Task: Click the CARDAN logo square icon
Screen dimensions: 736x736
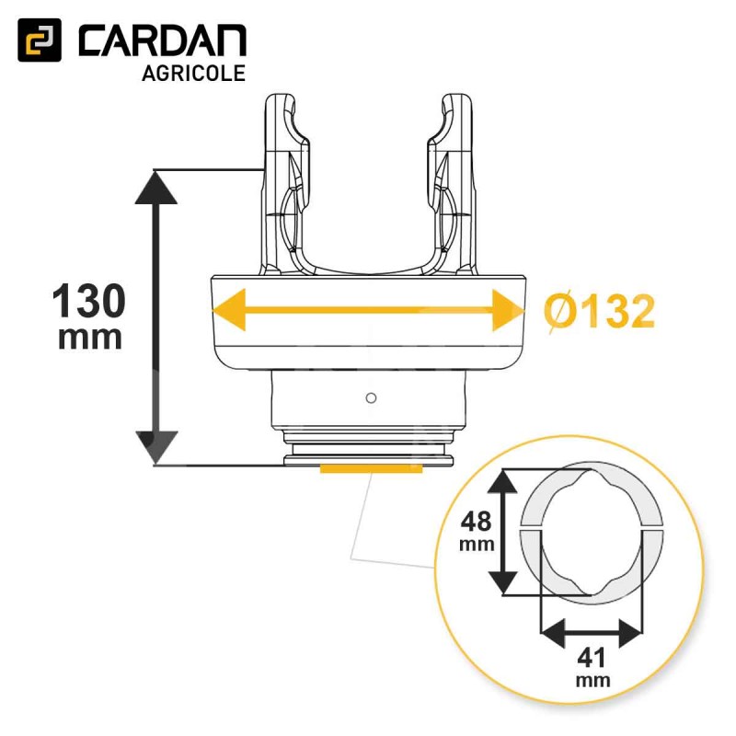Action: pos(40,40)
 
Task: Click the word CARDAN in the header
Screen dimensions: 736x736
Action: pos(163,40)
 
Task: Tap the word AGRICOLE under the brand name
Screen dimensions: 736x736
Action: pos(193,74)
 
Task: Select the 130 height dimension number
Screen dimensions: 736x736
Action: pos(88,302)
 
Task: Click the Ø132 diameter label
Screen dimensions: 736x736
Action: pos(600,312)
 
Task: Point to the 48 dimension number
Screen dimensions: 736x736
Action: pos(476,521)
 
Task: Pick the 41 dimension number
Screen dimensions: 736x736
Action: pos(592,658)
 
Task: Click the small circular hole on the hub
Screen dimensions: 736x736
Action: pos(371,398)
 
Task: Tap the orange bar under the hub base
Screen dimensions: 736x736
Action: pos(371,468)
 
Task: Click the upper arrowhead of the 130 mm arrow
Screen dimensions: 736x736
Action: pos(156,187)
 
